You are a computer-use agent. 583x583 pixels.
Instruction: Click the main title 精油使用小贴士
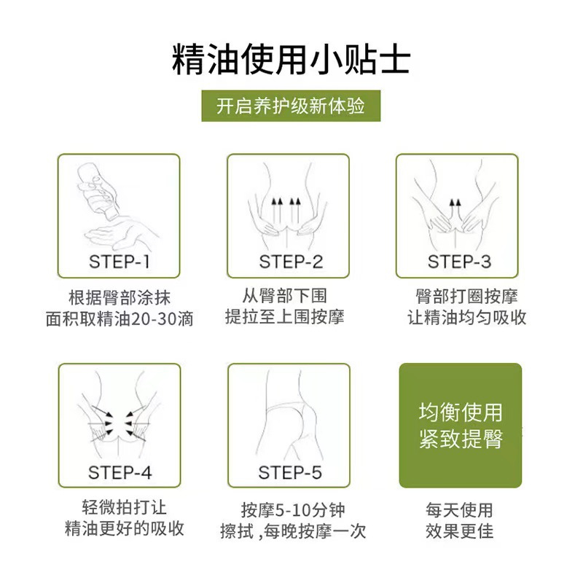tap(291, 60)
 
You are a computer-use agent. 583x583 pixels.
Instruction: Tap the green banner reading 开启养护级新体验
tap(291, 106)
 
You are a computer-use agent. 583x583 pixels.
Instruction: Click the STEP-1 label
tap(120, 262)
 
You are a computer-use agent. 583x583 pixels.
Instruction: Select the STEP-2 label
tap(291, 262)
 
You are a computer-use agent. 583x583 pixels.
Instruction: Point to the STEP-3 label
tap(459, 262)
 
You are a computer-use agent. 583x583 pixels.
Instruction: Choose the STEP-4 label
tap(120, 472)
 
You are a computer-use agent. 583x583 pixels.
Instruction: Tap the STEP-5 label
tap(290, 472)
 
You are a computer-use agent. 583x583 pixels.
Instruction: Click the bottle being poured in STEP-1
tap(98, 192)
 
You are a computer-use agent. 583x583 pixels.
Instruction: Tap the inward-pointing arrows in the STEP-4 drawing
tap(119, 423)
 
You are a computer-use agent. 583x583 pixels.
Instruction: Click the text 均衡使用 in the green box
tap(461, 412)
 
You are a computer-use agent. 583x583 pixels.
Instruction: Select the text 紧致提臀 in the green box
tap(461, 439)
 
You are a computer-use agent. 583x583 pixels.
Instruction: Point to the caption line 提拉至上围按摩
tap(285, 317)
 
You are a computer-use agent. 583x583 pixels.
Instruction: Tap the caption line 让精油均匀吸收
tap(466, 318)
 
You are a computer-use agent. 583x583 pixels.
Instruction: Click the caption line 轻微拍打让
tap(124, 507)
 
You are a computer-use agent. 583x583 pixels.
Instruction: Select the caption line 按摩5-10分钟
tap(293, 510)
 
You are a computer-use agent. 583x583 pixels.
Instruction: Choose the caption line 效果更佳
tap(460, 531)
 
